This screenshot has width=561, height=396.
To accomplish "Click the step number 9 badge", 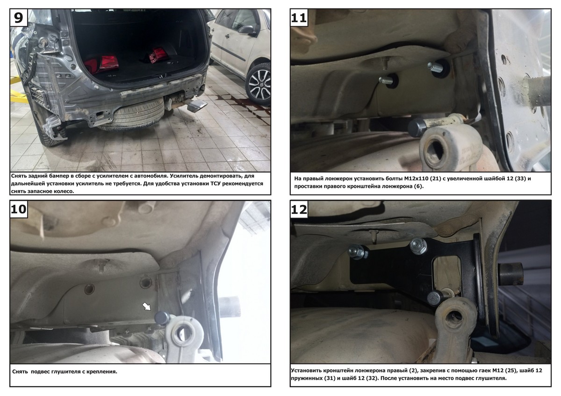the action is click(x=19, y=17).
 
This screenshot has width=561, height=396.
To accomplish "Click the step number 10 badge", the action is click(x=19, y=209).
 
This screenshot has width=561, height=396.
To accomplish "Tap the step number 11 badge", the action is click(x=299, y=17).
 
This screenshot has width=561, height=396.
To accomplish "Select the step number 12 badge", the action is click(x=299, y=209).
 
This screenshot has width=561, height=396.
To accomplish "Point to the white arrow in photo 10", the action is click(x=146, y=306).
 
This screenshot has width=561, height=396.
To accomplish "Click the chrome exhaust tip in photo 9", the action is click(x=197, y=106).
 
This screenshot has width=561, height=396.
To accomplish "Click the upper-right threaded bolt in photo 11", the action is click(x=435, y=66).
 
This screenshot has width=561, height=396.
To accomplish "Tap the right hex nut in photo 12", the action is click(x=418, y=246).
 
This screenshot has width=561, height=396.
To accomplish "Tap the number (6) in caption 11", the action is click(x=418, y=186).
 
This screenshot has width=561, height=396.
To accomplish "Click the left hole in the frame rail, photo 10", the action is click(x=89, y=289).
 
